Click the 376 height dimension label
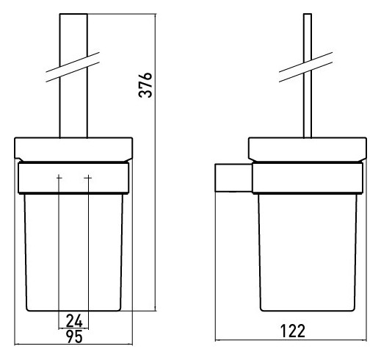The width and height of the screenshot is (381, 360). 145,85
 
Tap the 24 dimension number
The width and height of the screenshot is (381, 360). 74,320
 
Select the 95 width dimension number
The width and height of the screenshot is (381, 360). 74,336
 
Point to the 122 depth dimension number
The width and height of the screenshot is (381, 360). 293,331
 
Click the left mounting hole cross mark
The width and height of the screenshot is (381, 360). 59,177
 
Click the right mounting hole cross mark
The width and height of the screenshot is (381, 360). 88,177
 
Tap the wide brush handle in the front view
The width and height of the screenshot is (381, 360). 73,76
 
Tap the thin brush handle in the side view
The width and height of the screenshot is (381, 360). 308,76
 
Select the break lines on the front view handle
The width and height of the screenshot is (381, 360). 73,67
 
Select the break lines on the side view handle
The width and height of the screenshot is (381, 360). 306,67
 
